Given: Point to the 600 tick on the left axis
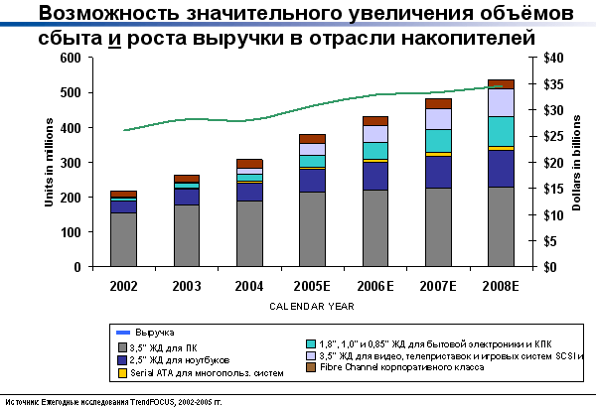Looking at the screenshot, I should click(70, 58).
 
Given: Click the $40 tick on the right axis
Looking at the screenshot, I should click(542, 58).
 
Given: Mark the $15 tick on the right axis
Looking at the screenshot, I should click(542, 189).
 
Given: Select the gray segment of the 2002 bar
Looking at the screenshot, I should click(123, 239).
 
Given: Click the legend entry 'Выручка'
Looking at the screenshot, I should click(149, 332).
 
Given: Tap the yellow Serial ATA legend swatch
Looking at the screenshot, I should click(122, 373).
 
